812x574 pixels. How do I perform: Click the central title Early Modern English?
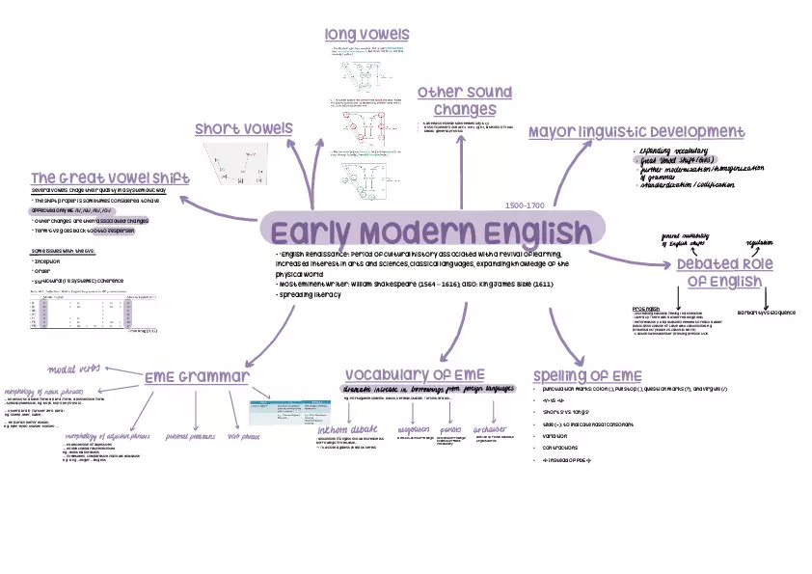click(x=431, y=232)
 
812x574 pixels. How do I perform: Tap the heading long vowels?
click(x=366, y=35)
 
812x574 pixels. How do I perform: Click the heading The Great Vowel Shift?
click(x=109, y=178)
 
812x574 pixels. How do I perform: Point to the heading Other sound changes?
click(x=464, y=100)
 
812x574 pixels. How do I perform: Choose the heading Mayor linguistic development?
click(x=636, y=131)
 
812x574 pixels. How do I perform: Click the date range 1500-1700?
click(x=525, y=205)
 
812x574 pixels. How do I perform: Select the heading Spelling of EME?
click(x=586, y=375)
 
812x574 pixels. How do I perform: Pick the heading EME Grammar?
click(x=197, y=376)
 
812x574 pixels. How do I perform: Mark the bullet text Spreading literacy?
click(x=311, y=295)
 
